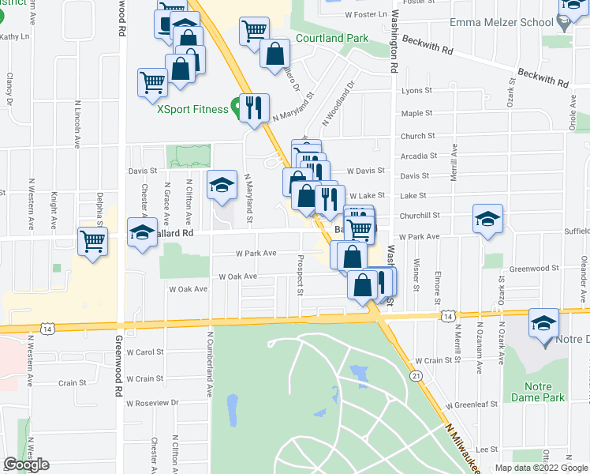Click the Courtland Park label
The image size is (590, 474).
coord(332,38)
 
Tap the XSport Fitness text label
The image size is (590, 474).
coord(192,110)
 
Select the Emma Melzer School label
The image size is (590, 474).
coord(501,22)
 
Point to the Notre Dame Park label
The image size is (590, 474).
coord(538,392)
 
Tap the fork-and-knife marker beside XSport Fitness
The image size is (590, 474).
coord(254,107)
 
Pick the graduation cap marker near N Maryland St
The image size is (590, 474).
coord(222,186)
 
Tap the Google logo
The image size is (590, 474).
coord(26,465)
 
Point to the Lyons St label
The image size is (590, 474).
coord(417,91)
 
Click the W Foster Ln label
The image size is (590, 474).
coord(367,14)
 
